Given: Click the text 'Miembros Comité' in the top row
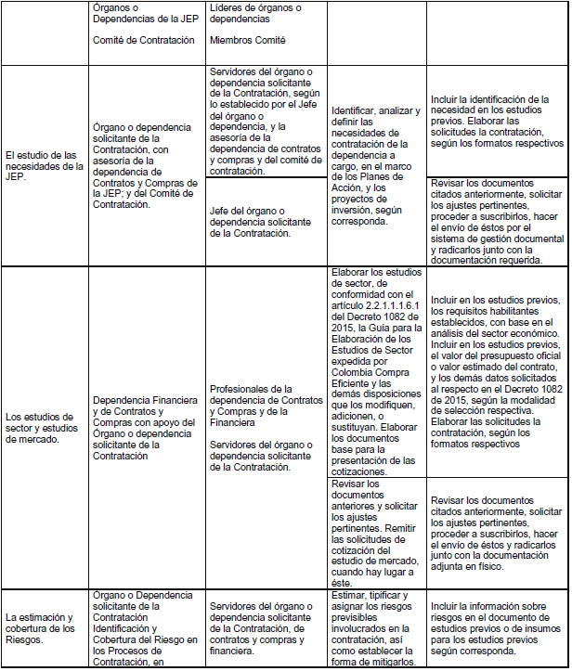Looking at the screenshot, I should coord(248,41).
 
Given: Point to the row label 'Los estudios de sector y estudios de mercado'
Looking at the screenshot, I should coord(44,427).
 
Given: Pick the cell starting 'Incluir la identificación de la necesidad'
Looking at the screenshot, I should coord(498,121).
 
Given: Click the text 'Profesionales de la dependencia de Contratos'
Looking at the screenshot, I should coord(263,394).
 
